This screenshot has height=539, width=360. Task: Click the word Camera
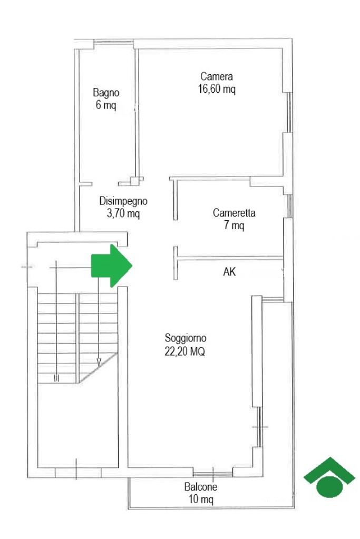(216, 76)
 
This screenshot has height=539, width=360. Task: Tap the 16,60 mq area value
(217, 89)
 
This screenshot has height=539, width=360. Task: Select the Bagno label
(106, 93)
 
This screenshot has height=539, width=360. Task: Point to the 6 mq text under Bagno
(105, 105)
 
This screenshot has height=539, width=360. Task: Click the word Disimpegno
(123, 201)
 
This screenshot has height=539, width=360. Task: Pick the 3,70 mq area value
(123, 213)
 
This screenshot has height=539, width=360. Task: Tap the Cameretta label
(234, 213)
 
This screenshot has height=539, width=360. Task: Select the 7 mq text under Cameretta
(234, 226)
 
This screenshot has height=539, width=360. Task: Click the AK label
(229, 272)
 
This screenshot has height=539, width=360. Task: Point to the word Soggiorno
(186, 338)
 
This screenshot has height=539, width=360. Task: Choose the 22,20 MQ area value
(184, 351)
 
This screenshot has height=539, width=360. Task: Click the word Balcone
(201, 487)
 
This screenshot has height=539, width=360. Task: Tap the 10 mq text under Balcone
(201, 499)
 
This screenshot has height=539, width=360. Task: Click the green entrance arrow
(111, 266)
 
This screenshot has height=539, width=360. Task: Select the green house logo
(329, 477)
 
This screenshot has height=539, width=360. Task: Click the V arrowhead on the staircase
(99, 362)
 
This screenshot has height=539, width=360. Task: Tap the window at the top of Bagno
(114, 43)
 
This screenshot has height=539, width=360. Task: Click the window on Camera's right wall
(289, 112)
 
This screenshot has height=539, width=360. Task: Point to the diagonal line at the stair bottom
(99, 367)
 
